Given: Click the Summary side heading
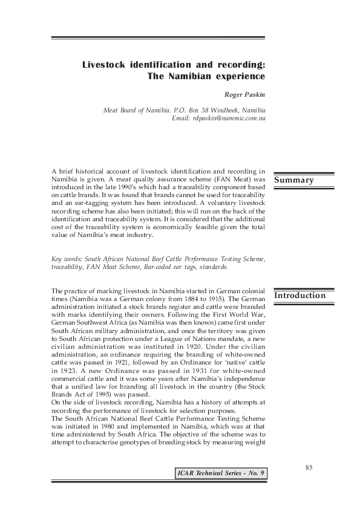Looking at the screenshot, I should tap(295, 180).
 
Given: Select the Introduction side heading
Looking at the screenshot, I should tap(301, 296).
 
